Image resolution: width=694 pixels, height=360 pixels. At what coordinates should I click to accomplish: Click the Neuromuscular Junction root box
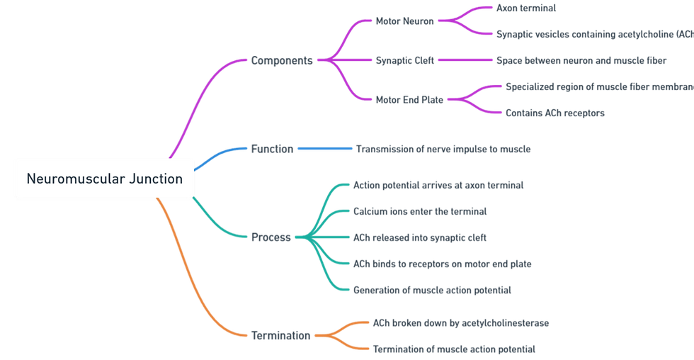pyautogui.click(x=104, y=179)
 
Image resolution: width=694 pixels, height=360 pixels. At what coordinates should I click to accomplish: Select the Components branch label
pyautogui.click(x=282, y=60)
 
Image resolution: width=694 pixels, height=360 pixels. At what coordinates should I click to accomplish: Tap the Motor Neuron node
pyautogui.click(x=404, y=21)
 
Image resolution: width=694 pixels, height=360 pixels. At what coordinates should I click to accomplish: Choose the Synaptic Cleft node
pyautogui.click(x=404, y=60)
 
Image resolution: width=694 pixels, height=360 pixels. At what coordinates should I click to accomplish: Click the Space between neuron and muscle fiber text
pyautogui.click(x=581, y=60)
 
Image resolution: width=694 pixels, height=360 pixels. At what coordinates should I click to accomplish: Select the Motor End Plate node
pyautogui.click(x=409, y=100)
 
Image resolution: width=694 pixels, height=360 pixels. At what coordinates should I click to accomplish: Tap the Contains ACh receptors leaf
pyautogui.click(x=555, y=113)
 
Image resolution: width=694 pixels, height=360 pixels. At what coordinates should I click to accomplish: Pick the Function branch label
pyautogui.click(x=272, y=149)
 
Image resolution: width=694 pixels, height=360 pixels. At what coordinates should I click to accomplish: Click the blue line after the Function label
pyautogui.click(x=324, y=149)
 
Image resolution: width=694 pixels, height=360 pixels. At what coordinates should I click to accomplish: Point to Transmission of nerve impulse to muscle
pyautogui.click(x=443, y=149)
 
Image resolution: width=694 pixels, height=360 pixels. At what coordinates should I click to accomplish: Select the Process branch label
pyautogui.click(x=271, y=237)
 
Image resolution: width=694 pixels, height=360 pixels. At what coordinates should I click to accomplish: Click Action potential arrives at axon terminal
pyautogui.click(x=438, y=185)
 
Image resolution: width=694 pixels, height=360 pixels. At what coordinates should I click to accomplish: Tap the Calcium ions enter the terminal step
pyautogui.click(x=420, y=211)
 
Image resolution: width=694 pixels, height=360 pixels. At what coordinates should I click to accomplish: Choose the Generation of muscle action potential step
pyautogui.click(x=432, y=290)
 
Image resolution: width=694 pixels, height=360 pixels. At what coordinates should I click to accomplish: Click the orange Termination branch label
pyautogui.click(x=280, y=336)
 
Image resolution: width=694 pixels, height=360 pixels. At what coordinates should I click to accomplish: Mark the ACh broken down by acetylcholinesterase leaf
pyautogui.click(x=461, y=323)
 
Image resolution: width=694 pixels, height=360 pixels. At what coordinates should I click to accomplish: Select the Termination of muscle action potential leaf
pyautogui.click(x=454, y=349)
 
